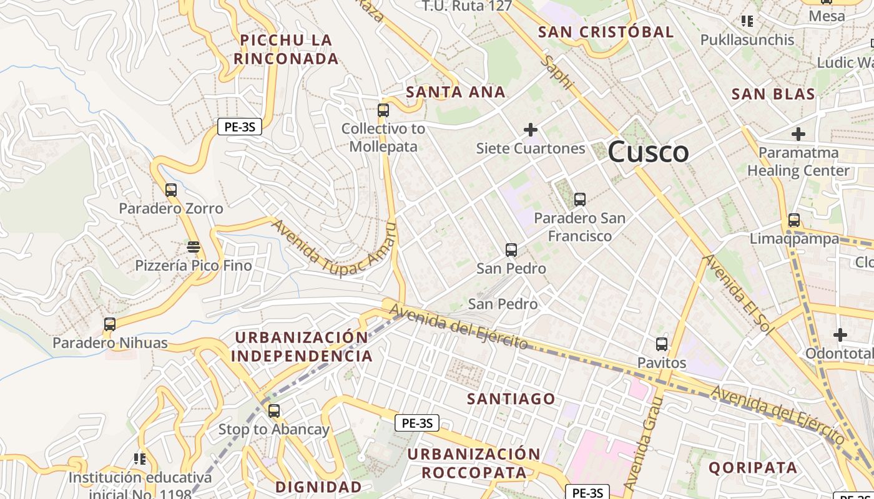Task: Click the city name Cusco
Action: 648,152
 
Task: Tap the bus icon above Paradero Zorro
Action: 170,190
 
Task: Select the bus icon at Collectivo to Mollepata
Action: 383,110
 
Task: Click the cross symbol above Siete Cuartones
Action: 531,130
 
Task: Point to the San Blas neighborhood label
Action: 773,94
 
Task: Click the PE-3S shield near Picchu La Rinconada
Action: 240,127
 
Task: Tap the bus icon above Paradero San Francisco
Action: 579,200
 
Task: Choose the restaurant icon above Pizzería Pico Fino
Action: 194,247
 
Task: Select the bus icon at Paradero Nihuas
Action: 110,324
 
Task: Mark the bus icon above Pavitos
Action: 662,344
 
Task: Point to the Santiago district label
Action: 511,399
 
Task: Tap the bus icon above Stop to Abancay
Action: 274,411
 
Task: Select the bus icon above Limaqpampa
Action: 794,220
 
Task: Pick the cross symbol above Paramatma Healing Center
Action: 798,133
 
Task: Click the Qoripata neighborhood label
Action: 753,467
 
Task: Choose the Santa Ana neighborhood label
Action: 455,92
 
